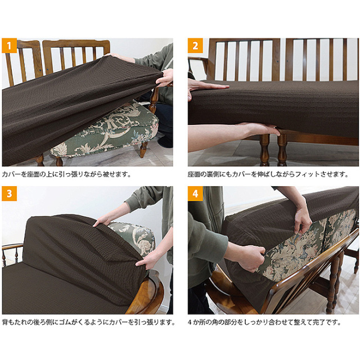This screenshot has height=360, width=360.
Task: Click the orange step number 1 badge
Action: tap(9, 46)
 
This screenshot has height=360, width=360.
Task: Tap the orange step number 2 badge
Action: tap(195, 46)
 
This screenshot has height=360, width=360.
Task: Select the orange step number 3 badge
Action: tap(9, 193)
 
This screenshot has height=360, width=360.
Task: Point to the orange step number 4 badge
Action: tap(195, 193)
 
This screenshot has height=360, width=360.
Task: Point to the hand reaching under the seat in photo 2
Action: tap(259, 129)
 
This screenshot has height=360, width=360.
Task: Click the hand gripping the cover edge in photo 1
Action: tap(165, 78)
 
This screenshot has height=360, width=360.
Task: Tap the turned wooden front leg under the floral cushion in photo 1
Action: tap(143, 149)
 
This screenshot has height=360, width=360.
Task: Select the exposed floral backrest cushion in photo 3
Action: tap(135, 236)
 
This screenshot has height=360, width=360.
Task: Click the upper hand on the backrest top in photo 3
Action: tap(103, 220)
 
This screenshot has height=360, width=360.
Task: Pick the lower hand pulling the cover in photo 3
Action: tap(145, 261)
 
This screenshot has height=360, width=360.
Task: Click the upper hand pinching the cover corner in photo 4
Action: tap(303, 222)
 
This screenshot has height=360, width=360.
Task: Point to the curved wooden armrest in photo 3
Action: tap(147, 291)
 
